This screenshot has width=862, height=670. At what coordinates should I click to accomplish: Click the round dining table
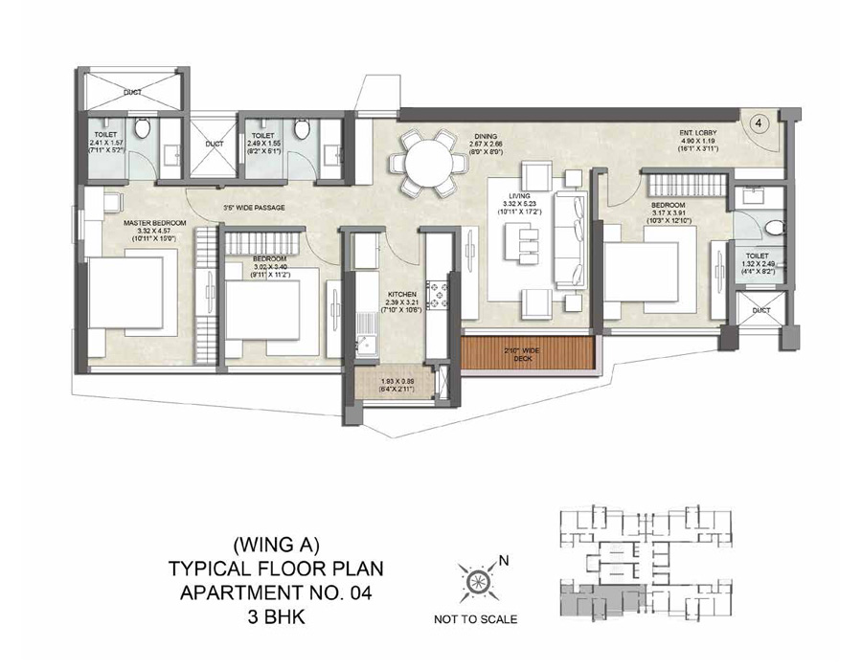coord(423,162)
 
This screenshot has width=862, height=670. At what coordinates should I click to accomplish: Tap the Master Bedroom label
coord(154,223)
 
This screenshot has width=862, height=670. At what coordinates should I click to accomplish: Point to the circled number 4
coord(758,123)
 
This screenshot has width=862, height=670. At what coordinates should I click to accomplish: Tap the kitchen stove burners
coord(442,292)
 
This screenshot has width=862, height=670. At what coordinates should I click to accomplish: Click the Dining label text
coord(487,136)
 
